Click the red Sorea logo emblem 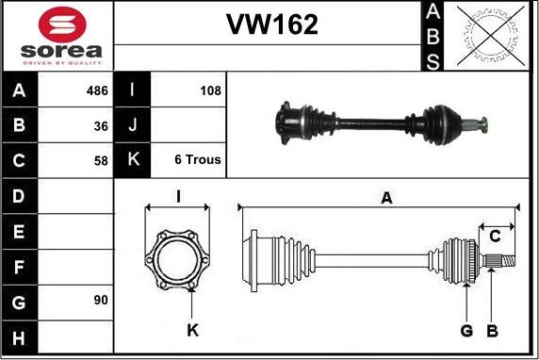[62, 25]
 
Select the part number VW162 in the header [272, 25]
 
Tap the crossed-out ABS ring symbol [491, 35]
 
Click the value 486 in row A [97, 90]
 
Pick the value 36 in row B [101, 126]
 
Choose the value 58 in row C [101, 160]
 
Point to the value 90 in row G [101, 301]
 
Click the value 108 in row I [211, 90]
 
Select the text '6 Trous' [198, 159]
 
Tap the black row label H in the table [19, 338]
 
